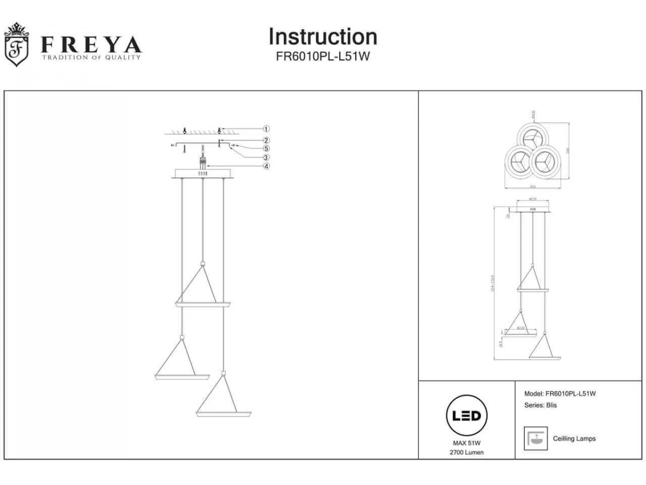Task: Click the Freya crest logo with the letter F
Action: coord(16,45)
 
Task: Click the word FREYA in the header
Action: coord(92,44)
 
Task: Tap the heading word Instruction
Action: coord(322,37)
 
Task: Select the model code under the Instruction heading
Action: coord(322,56)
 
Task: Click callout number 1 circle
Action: coord(266,129)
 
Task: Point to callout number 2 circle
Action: coord(266,140)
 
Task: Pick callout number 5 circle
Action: coord(266,148)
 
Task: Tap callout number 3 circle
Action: coord(266,157)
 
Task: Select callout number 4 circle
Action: coord(266,167)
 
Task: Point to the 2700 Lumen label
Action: coord(467,452)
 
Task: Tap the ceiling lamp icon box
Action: coord(536,438)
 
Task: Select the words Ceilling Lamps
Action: coord(574,439)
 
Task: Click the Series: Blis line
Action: coord(540,405)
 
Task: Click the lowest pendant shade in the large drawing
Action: coord(223,412)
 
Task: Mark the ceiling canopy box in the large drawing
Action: coord(202,174)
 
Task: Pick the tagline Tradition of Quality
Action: coord(92,57)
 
